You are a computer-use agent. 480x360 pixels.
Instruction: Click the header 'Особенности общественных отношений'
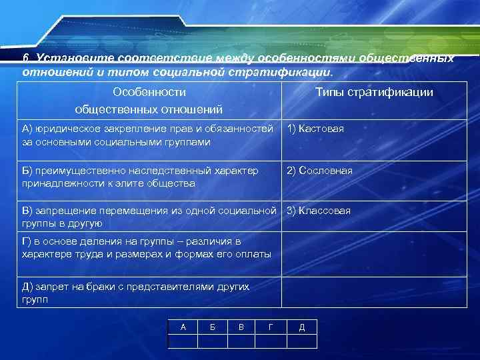pos(149,100)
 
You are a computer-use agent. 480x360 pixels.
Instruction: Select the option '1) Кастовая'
pos(315,129)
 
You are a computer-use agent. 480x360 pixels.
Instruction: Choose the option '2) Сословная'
pos(319,171)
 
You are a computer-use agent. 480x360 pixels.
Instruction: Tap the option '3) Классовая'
pos(318,211)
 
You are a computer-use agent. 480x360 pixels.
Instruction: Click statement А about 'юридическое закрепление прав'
pos(147,135)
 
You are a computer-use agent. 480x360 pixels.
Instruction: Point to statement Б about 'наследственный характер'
pos(140,177)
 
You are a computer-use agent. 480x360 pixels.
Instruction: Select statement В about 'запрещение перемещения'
pos(148,217)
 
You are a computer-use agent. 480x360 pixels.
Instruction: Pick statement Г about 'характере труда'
pos(147,247)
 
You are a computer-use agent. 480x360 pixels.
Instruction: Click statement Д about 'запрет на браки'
pos(135,293)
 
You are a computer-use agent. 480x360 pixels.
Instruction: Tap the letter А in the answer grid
pos(183,327)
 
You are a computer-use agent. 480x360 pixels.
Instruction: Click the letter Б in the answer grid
pos(213,327)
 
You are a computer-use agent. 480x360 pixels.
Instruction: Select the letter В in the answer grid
pos(242,327)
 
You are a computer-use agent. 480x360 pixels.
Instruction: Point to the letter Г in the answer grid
pos(271,327)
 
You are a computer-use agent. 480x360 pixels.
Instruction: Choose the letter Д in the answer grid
pos(302,327)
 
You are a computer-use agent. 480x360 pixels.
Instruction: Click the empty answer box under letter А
pos(183,341)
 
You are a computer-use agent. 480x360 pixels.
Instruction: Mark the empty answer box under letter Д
pos(302,341)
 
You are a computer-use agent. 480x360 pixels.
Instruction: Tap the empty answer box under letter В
pos(242,341)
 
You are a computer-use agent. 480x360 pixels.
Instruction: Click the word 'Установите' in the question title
pos(66,59)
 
